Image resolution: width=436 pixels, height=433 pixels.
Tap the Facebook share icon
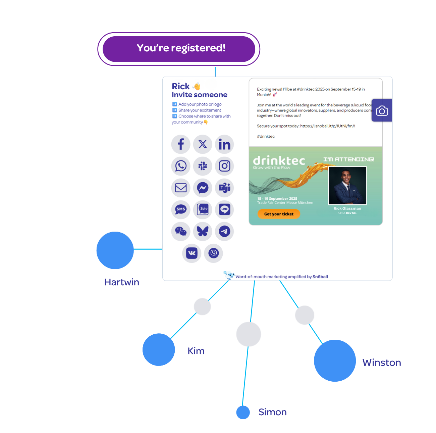point(180,144)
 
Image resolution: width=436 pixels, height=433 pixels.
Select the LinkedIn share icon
point(224,144)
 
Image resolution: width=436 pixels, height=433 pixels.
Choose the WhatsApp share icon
point(180,166)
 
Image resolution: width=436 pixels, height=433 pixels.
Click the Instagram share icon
point(224,166)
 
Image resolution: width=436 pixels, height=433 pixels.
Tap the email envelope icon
point(180,188)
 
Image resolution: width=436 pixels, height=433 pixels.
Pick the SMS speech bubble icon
point(180,209)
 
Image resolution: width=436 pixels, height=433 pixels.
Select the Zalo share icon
point(203,209)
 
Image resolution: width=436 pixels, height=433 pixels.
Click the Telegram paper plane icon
point(224,231)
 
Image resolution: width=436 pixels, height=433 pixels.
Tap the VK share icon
point(192,253)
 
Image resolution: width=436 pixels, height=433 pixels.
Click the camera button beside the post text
point(381,110)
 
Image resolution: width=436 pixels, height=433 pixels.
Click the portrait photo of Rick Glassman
point(347,186)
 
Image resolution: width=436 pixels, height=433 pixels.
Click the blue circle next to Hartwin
point(115,250)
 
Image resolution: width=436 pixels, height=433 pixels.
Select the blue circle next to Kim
point(159,349)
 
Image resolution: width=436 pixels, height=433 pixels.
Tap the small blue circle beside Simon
point(243,412)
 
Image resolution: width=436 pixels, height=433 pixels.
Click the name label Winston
point(381,362)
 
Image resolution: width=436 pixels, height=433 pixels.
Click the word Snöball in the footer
point(320,276)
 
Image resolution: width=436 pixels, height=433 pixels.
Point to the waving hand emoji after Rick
point(197,86)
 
